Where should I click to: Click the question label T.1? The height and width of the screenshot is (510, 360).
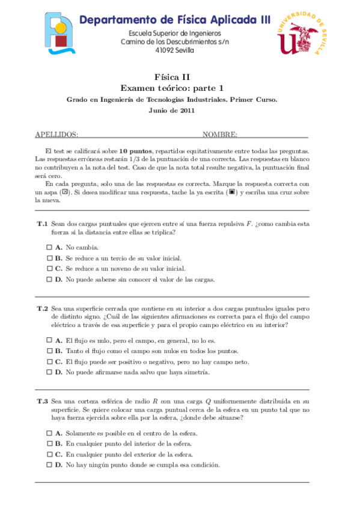tap(42, 224)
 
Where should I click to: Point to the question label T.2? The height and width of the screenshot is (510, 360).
tap(42, 308)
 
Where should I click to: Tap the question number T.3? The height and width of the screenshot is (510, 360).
tap(42, 401)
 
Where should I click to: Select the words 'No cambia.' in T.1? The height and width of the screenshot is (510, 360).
tap(82, 247)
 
